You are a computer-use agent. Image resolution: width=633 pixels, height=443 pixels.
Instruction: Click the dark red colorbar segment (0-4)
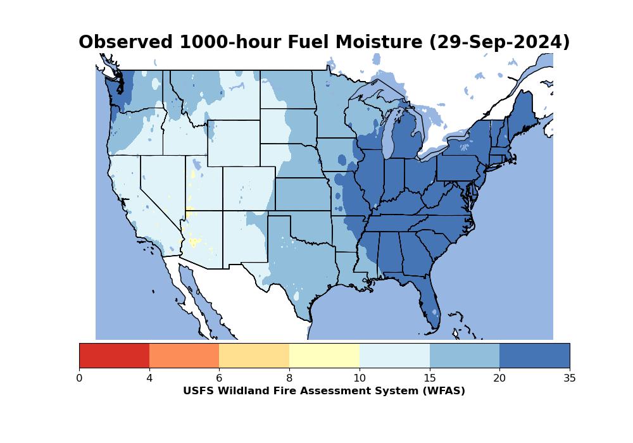(x=114, y=355)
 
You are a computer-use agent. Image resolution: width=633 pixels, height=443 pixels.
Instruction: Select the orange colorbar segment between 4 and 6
(x=184, y=355)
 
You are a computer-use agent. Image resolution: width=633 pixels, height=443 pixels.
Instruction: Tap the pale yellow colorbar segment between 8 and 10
(x=324, y=355)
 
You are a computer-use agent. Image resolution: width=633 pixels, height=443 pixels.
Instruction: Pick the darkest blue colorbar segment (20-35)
(x=534, y=355)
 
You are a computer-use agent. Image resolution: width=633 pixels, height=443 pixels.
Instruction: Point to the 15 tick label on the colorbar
(x=429, y=378)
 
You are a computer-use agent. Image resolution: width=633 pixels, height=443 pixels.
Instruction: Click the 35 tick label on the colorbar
(x=569, y=378)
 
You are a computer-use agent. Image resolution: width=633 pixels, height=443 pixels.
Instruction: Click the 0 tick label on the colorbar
(x=79, y=378)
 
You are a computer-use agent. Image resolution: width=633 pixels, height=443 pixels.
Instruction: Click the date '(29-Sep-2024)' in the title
(x=499, y=42)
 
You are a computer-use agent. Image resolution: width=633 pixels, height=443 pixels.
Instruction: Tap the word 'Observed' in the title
(x=125, y=42)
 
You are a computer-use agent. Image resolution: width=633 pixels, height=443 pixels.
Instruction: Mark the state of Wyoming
(x=233, y=143)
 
